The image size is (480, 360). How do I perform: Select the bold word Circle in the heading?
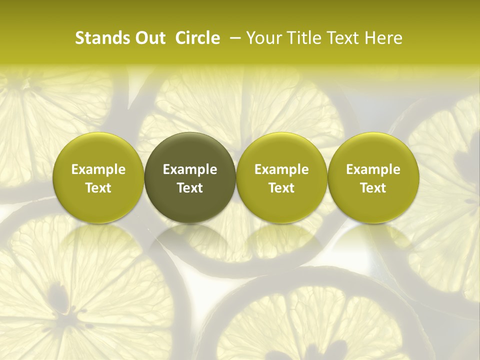pyautogui.click(x=197, y=38)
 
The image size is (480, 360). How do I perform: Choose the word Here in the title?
pyautogui.click(x=383, y=38)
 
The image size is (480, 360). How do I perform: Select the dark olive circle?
pyautogui.click(x=190, y=177)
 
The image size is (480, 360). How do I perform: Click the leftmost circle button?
pyautogui.click(x=98, y=177)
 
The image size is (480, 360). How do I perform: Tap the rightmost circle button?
pyautogui.click(x=373, y=177)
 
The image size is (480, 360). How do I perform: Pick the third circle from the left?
pyautogui.click(x=281, y=177)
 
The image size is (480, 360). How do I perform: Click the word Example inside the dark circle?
pyautogui.click(x=190, y=169)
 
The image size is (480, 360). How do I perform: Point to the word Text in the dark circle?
pyautogui.click(x=190, y=188)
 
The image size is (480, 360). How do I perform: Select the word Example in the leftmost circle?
pyautogui.click(x=98, y=169)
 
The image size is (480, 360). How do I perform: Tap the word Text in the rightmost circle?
pyautogui.click(x=373, y=188)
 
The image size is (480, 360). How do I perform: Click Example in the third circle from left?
pyautogui.click(x=281, y=169)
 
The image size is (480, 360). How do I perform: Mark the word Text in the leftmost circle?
pyautogui.click(x=98, y=188)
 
